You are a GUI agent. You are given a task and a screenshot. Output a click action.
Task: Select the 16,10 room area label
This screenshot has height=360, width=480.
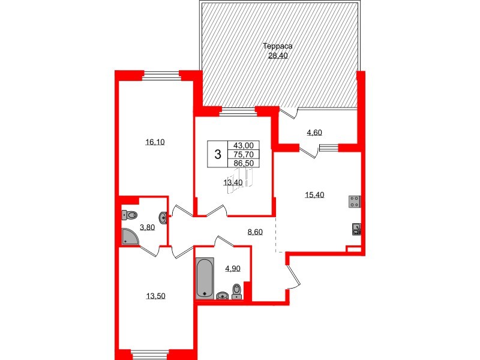coord(154,142)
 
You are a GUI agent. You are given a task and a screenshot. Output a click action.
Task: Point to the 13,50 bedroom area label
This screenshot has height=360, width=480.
coord(154,295)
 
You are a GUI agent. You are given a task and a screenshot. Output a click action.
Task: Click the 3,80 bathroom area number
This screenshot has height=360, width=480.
coord(146,227)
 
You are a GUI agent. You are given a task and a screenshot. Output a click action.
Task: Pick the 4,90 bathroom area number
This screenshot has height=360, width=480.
coord(232,268)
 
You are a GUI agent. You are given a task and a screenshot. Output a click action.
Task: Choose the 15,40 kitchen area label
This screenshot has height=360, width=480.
coord(315,194)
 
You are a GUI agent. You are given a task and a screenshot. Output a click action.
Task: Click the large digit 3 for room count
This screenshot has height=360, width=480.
coord(217,154)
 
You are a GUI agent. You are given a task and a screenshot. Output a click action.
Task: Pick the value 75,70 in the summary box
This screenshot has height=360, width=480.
coord(244,154)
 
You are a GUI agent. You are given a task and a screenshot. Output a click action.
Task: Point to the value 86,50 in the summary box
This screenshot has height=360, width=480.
coord(244,163)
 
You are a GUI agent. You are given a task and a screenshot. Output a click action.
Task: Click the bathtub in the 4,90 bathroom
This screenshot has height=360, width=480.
coord(205,278)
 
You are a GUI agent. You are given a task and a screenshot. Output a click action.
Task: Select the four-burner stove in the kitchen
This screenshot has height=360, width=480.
coord(354,202)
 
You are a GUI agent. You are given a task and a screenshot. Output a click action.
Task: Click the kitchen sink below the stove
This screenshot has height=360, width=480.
coord(356,228)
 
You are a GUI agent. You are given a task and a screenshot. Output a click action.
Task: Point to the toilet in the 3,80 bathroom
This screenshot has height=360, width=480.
coord(130,214)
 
